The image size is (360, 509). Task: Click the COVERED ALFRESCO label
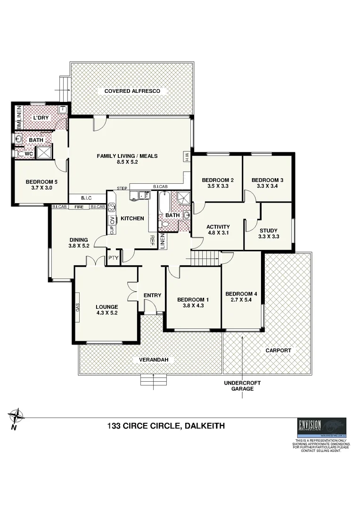point(132,91)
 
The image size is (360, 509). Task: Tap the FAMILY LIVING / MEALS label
point(127,156)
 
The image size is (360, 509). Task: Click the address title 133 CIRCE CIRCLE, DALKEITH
point(166,426)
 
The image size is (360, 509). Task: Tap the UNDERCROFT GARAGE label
point(242,386)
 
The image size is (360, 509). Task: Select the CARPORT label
point(278,351)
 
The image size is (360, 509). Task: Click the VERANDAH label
point(154,360)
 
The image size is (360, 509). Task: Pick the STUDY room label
point(269,230)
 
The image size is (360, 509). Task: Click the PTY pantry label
point(113,258)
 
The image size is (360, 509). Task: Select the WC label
point(28,154)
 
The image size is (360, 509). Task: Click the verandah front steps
point(154,380)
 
